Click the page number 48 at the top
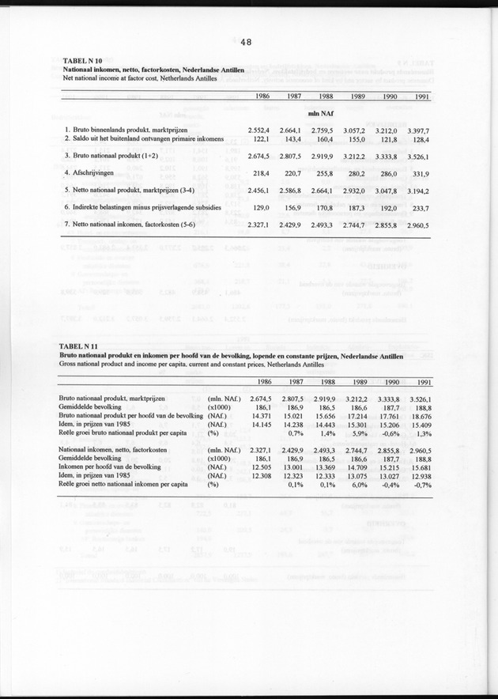click(x=247, y=44)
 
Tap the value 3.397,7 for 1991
click(x=417, y=129)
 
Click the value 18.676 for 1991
click(x=417, y=415)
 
